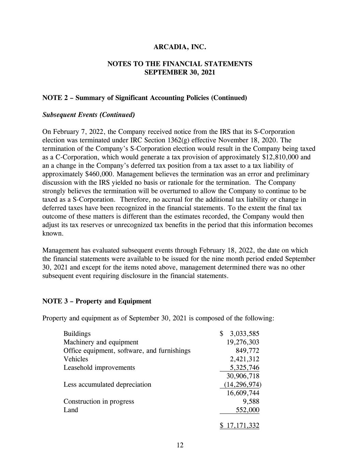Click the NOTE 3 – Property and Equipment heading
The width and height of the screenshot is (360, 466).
tap(97, 301)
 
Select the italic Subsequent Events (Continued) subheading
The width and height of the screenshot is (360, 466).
tap(89, 115)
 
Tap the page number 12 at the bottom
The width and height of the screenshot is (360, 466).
tap(180, 444)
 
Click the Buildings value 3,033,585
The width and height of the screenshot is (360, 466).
tap(244, 334)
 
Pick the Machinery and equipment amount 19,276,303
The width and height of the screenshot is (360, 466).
tap(243, 342)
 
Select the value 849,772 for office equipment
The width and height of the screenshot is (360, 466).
tap(247, 351)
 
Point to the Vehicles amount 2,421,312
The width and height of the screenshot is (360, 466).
tap(244, 359)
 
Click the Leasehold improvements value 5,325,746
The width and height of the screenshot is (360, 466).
tap(244, 368)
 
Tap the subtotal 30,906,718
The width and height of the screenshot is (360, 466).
tap(243, 376)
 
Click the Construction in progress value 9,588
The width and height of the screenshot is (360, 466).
tap(252, 401)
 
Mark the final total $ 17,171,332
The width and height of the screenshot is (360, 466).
tap(240, 426)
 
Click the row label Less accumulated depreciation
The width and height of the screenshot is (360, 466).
tap(107, 384)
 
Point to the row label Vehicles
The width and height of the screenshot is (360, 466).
tap(76, 359)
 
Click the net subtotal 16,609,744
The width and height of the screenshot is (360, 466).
tap(243, 393)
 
